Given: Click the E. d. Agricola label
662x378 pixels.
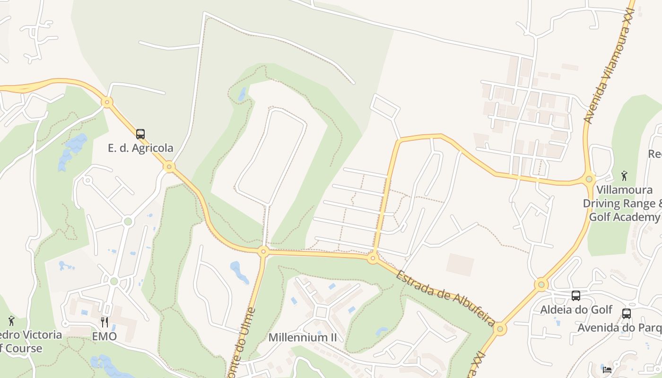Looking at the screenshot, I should [x=140, y=148].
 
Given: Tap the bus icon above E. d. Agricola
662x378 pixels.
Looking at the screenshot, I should [x=140, y=134].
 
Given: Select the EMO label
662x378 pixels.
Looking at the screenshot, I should [x=104, y=336].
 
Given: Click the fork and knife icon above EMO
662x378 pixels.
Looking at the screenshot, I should [x=105, y=322].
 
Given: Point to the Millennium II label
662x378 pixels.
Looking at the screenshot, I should [x=303, y=337].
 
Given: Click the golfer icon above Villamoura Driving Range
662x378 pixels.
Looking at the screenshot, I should [x=624, y=176].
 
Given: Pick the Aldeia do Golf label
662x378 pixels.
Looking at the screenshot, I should [x=576, y=309].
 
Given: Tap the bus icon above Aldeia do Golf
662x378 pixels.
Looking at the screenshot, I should [x=576, y=296].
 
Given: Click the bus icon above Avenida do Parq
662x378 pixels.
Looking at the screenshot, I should [x=627, y=314].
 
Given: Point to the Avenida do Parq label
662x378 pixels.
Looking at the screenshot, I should [x=619, y=327].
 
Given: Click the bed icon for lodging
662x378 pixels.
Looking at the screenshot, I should [x=607, y=369].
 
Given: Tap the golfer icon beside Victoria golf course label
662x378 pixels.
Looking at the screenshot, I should [x=11, y=321].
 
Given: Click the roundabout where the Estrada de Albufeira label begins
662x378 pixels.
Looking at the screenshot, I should [x=373, y=258].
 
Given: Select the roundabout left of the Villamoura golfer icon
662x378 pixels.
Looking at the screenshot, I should [x=589, y=179].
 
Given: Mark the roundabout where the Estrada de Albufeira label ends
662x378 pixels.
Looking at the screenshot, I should [x=501, y=329].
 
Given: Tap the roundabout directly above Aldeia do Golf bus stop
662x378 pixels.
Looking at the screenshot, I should [x=541, y=284].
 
